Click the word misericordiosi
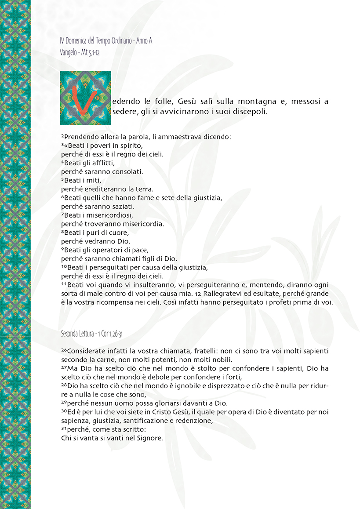[110, 215]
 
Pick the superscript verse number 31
[64, 429]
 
